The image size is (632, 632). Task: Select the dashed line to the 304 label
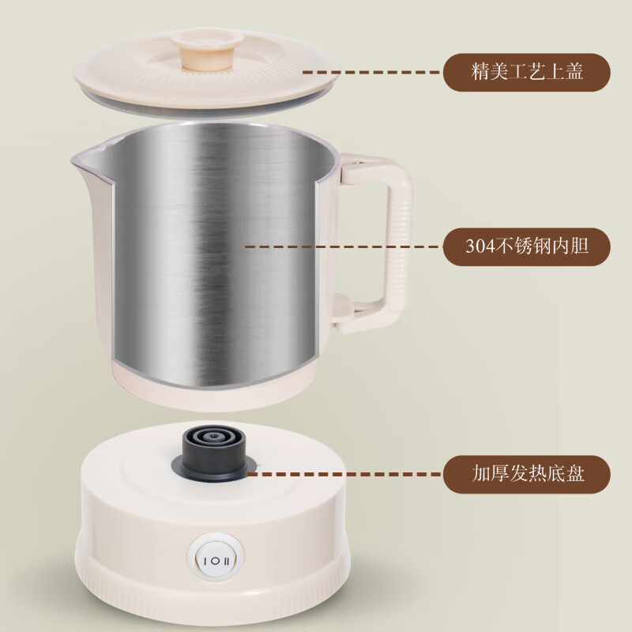[340, 246]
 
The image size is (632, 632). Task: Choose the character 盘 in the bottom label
[576, 474]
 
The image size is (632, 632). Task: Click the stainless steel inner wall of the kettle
[213, 253]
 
